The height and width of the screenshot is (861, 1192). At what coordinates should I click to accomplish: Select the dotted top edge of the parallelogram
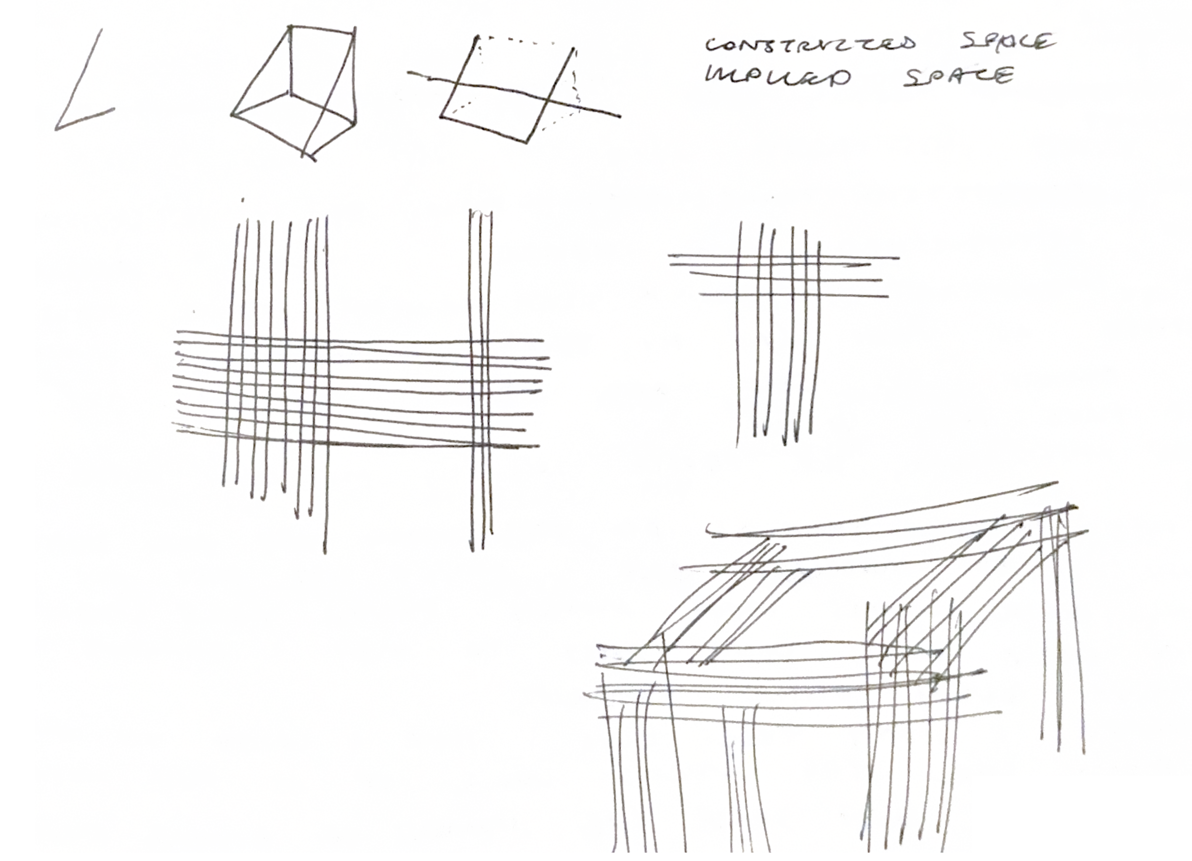(x=526, y=42)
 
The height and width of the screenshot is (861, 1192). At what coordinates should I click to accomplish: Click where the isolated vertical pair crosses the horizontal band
(x=481, y=391)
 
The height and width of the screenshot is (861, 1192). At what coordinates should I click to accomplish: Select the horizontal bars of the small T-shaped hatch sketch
(x=783, y=276)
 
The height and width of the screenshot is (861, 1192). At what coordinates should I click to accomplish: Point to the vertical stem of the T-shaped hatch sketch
(x=778, y=368)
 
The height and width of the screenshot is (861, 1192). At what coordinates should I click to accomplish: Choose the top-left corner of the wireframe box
(x=290, y=26)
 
